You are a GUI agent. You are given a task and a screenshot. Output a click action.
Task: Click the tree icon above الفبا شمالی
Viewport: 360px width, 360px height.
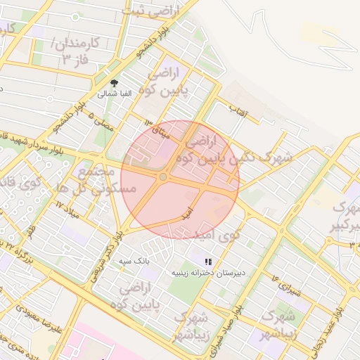click(124, 82)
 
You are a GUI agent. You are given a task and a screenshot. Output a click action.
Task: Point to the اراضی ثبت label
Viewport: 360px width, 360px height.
click(152, 10)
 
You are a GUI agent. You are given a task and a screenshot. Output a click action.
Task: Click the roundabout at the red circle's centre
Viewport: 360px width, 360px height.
click(163, 177)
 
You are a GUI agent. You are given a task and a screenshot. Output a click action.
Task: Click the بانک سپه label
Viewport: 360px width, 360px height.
click(134, 260)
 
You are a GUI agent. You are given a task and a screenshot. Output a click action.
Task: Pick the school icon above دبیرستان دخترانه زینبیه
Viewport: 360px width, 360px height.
click(208, 261)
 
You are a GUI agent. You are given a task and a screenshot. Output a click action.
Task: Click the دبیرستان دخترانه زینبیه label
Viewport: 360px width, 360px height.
click(207, 272)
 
